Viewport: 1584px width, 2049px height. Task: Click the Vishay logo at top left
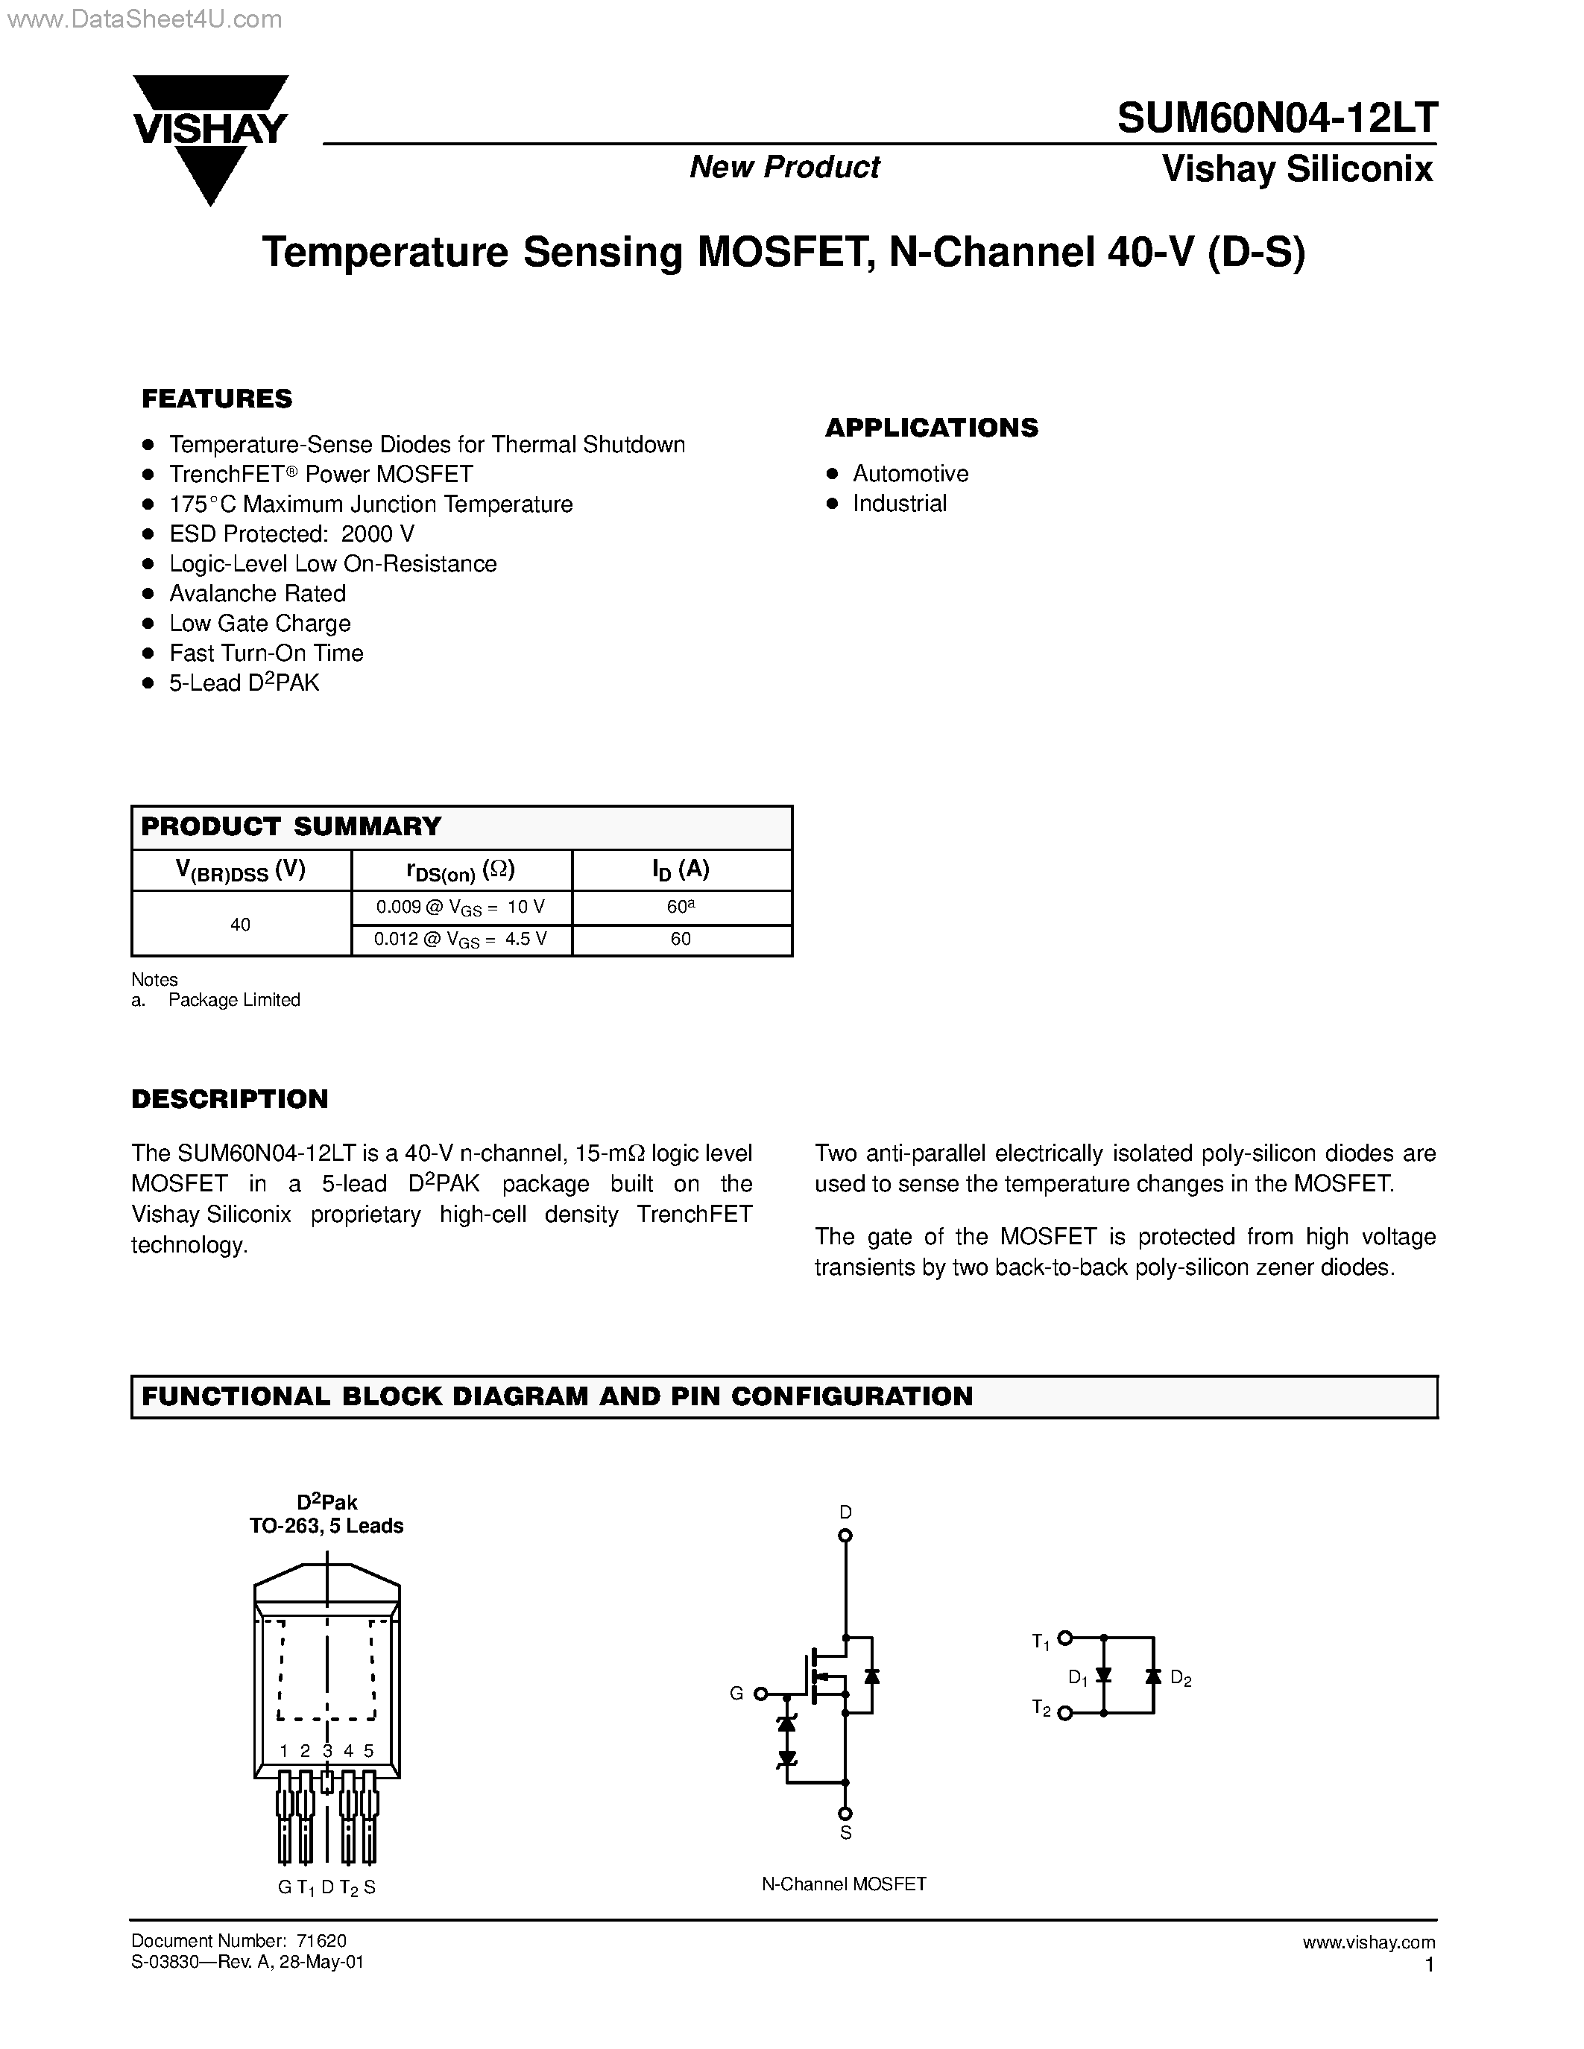[209, 136]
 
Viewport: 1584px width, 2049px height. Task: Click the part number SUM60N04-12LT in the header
[1276, 118]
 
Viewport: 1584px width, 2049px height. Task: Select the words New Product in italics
[784, 167]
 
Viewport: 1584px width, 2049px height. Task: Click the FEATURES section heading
[217, 399]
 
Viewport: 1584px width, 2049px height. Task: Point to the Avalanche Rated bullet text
[257, 594]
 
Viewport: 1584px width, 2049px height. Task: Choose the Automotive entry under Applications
[910, 474]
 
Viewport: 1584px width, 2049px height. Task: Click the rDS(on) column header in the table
[461, 870]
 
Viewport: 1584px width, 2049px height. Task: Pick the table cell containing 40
[240, 924]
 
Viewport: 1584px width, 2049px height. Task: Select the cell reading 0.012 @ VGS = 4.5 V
[461, 939]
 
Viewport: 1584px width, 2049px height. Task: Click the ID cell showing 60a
[681, 908]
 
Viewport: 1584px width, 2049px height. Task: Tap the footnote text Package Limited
[233, 1000]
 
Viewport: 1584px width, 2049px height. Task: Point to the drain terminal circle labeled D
[845, 1536]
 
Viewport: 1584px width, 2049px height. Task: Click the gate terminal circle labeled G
[761, 1694]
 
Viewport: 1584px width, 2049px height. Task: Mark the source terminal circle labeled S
[845, 1814]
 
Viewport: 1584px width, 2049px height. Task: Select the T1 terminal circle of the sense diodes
[1064, 1638]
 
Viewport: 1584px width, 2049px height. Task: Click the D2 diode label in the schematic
[1181, 1679]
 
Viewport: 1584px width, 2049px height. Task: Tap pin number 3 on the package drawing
[327, 1751]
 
